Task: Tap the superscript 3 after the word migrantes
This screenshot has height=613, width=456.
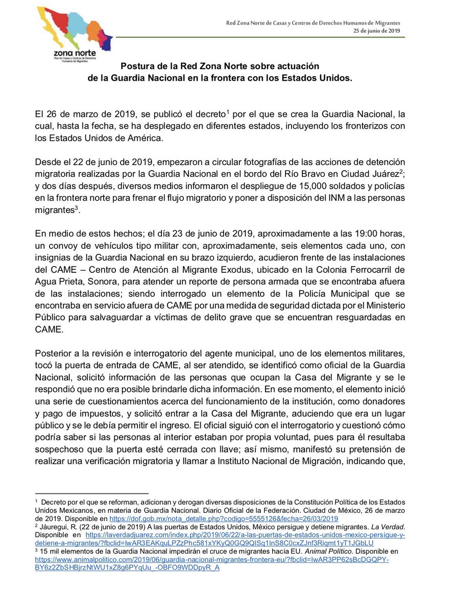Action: pyautogui.click(x=76, y=207)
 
